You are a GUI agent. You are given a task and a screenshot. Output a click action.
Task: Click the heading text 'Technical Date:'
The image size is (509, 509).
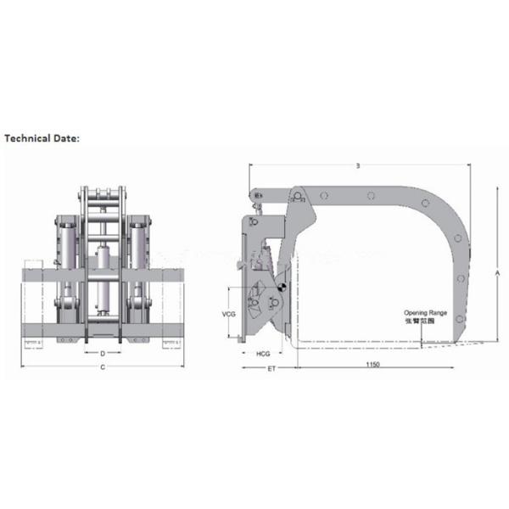pyautogui.click(x=42, y=137)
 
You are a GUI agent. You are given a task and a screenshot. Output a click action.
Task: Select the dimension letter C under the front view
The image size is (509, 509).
pyautogui.click(x=103, y=367)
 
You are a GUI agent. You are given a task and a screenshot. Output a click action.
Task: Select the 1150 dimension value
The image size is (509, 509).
pyautogui.click(x=373, y=365)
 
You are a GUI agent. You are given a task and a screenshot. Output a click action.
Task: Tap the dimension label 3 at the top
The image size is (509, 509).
pyautogui.click(x=358, y=166)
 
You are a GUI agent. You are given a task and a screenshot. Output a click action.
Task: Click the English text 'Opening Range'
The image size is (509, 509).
pyautogui.click(x=425, y=313)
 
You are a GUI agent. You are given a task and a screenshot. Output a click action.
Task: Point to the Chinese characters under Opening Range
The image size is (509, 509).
pyautogui.click(x=425, y=322)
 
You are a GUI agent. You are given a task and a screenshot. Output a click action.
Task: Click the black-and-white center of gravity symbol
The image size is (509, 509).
pyautogui.click(x=282, y=288)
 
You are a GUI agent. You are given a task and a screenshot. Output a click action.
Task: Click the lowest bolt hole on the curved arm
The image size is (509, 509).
pyautogui.click(x=459, y=319)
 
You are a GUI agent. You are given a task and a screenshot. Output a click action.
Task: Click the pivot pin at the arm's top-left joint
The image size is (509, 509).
pyautogui.click(x=299, y=198)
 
